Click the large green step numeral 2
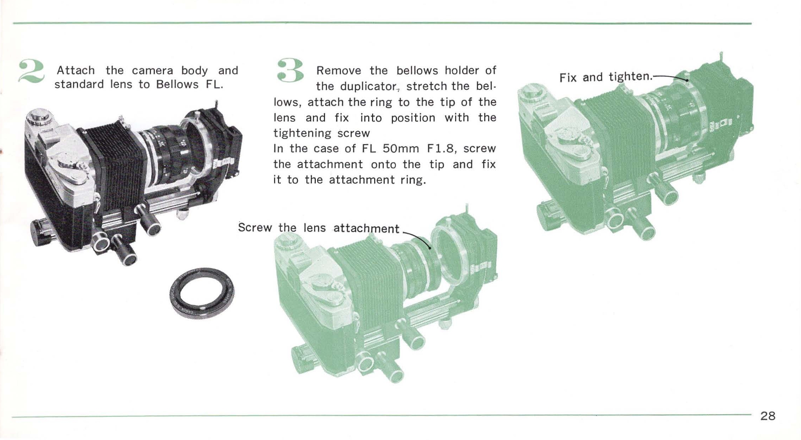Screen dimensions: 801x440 coord(31,72)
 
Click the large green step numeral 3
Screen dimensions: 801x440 coord(290,71)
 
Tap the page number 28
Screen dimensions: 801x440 coord(768,416)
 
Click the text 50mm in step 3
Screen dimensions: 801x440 coord(400,148)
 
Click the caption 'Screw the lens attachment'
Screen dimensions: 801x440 coord(319,228)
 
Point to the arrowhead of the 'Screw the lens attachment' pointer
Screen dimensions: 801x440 coord(429,248)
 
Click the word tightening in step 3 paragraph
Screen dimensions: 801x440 coord(302,133)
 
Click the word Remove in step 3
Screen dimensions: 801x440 coord(338,71)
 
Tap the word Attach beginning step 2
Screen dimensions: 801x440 coord(76,70)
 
